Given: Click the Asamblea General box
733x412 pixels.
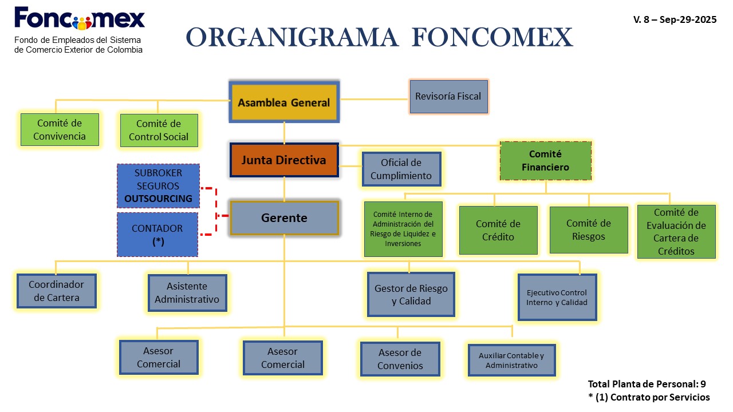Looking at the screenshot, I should [x=284, y=102].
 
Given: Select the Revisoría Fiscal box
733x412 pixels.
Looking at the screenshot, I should [x=448, y=96].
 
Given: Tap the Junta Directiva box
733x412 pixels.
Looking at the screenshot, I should [x=283, y=160].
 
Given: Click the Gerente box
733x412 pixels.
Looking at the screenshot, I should [x=284, y=218].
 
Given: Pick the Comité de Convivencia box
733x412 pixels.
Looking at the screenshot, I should [x=60, y=129].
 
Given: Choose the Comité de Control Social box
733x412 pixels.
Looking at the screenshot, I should [x=159, y=130].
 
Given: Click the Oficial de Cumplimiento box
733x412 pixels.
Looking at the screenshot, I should [x=401, y=169].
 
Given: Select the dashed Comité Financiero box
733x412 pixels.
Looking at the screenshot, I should [x=545, y=161].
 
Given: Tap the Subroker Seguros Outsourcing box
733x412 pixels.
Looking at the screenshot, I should [x=158, y=185].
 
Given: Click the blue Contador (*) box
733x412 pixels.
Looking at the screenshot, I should [x=157, y=234].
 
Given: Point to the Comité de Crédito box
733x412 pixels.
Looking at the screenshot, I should [x=498, y=230].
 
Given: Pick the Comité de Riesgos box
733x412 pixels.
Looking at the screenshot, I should [x=589, y=229].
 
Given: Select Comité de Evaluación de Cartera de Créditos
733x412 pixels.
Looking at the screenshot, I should [x=676, y=231].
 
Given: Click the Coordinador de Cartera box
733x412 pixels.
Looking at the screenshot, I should [x=57, y=291].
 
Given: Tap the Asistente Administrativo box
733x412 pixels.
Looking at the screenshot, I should [x=187, y=292].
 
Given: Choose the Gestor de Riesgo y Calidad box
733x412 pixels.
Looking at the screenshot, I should [x=411, y=294].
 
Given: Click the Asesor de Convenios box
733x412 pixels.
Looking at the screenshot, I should [x=400, y=359].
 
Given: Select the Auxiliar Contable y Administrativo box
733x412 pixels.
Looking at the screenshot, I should [x=511, y=360].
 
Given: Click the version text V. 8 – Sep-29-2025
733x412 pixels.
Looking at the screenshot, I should [x=675, y=19].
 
